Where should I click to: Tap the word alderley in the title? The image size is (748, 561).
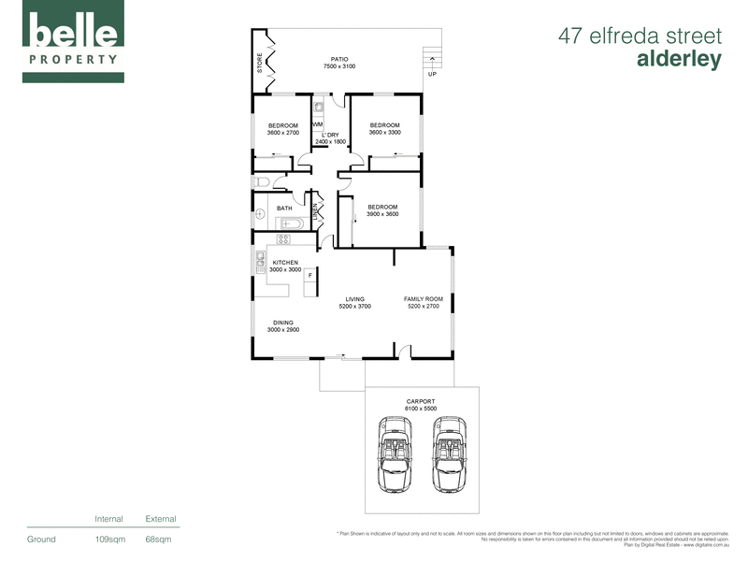point(679,59)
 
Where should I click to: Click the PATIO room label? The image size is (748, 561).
point(339,59)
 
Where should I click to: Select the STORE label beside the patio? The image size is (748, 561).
point(260,64)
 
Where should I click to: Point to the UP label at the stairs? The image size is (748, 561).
point(432,74)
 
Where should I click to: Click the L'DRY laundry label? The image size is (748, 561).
point(329,135)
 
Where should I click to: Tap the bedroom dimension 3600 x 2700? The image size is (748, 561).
point(282,134)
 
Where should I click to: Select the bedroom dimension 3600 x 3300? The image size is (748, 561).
point(384,133)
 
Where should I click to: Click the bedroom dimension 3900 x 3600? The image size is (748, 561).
point(381,214)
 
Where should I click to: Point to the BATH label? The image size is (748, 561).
point(283,209)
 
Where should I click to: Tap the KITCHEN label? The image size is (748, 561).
point(284,262)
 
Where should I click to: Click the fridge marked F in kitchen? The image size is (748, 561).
point(309,276)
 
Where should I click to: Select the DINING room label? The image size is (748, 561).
point(283,323)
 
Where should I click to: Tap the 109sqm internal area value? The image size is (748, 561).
point(110,539)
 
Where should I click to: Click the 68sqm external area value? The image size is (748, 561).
point(159,539)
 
